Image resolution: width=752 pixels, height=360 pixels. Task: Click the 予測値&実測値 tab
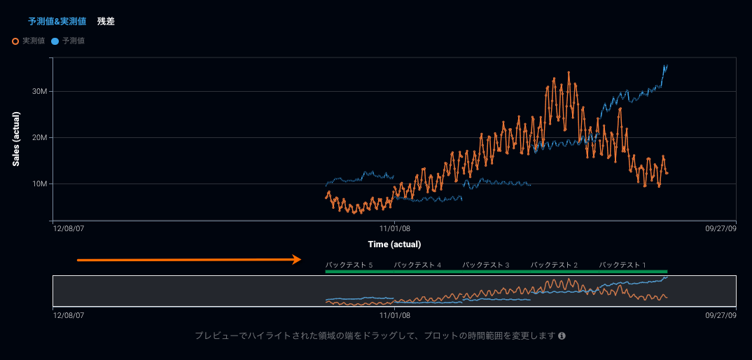click(57, 22)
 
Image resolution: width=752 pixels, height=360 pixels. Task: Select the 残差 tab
click(106, 22)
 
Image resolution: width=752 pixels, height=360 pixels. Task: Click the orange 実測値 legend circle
click(15, 41)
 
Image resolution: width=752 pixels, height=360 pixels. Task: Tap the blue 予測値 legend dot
click(55, 41)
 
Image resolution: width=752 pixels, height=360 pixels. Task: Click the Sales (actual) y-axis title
click(15, 138)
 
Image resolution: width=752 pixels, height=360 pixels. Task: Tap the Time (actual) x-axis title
click(394, 244)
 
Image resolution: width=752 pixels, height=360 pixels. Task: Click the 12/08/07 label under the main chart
click(69, 228)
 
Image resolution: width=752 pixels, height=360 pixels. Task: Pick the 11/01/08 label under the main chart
click(394, 228)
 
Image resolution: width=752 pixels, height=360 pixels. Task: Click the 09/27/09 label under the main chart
click(721, 228)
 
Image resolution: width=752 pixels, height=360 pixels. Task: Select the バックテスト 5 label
click(349, 265)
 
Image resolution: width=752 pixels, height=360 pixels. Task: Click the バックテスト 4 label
click(417, 265)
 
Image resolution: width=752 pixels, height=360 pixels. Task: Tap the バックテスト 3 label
click(486, 265)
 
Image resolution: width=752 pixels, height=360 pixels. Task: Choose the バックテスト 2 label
click(554, 265)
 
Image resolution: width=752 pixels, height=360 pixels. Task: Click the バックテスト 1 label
click(622, 265)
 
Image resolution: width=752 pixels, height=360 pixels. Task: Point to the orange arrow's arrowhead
click(298, 260)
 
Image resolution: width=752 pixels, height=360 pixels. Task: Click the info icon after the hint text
click(562, 336)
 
